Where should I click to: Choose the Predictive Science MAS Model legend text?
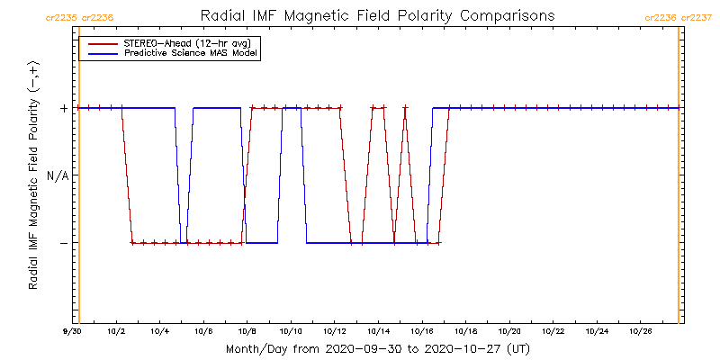tap(191, 53)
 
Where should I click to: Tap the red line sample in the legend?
tap(100, 42)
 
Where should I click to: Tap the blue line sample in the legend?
tap(100, 53)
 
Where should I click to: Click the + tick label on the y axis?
tap(64, 108)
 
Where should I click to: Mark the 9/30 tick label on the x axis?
tap(73, 332)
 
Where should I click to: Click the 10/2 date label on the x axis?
tap(116, 332)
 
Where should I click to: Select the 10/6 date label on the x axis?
tap(203, 332)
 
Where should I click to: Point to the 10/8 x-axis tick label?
tap(247, 332)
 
